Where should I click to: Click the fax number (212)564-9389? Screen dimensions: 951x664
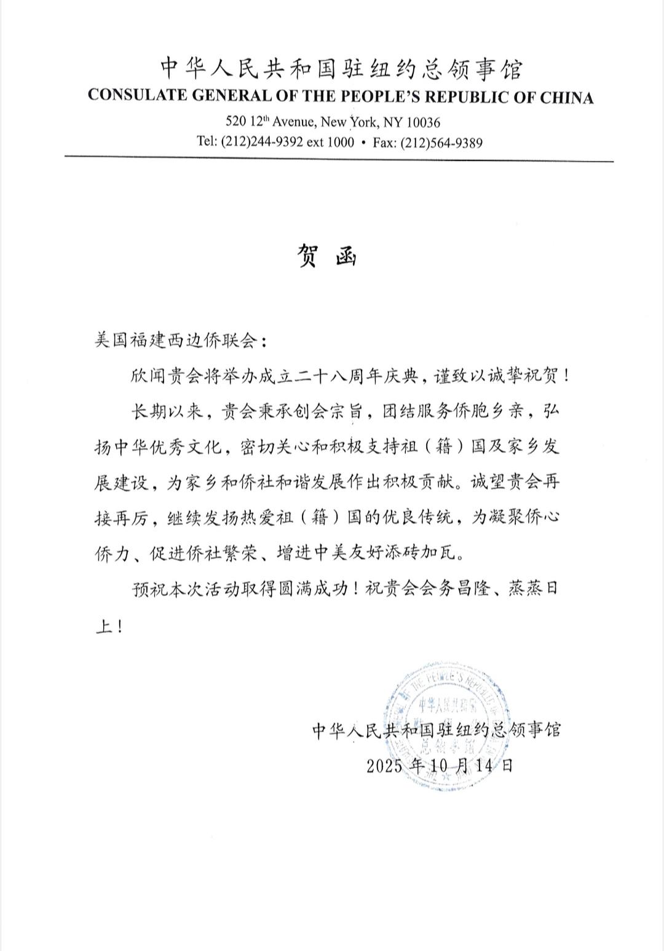tap(441, 143)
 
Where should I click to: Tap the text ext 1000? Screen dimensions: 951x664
tap(330, 142)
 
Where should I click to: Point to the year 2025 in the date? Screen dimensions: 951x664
tap(385, 766)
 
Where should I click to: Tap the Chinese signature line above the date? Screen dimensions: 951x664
tap(437, 730)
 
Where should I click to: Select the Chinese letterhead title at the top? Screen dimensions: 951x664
tap(341, 69)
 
